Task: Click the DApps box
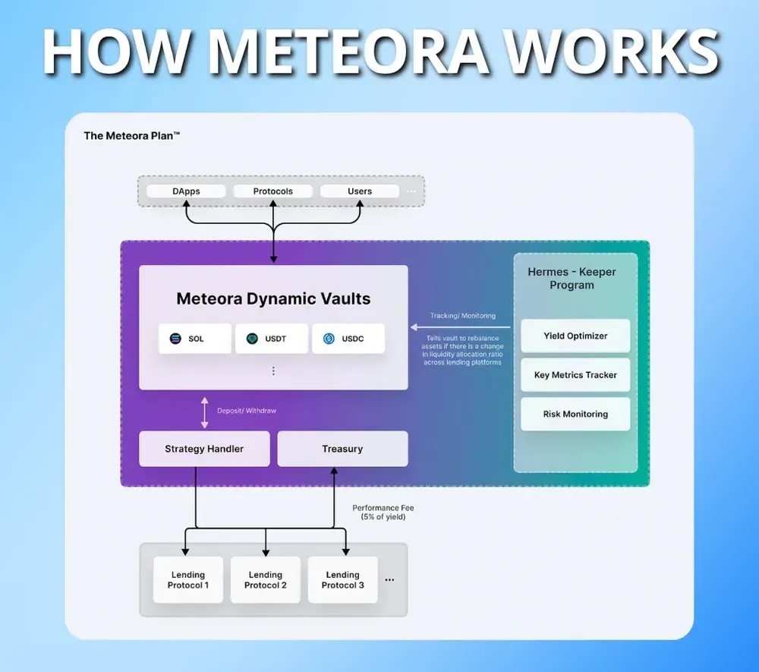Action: click(x=186, y=191)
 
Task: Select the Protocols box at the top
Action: click(x=272, y=191)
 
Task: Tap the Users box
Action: click(x=360, y=191)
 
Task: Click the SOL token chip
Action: click(x=195, y=339)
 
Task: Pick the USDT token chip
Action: click(x=272, y=339)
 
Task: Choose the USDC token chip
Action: click(x=348, y=339)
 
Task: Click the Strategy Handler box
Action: click(x=204, y=449)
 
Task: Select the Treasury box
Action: click(x=342, y=449)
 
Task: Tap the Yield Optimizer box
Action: click(x=575, y=336)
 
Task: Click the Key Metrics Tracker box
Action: click(x=575, y=375)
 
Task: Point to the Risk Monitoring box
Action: click(x=575, y=415)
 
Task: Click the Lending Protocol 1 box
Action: click(x=188, y=580)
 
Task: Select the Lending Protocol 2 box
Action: click(x=266, y=580)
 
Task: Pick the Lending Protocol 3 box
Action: click(x=342, y=580)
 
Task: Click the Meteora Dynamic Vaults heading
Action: click(x=273, y=298)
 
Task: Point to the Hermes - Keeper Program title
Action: click(x=572, y=279)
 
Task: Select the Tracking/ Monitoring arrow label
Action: click(x=462, y=316)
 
